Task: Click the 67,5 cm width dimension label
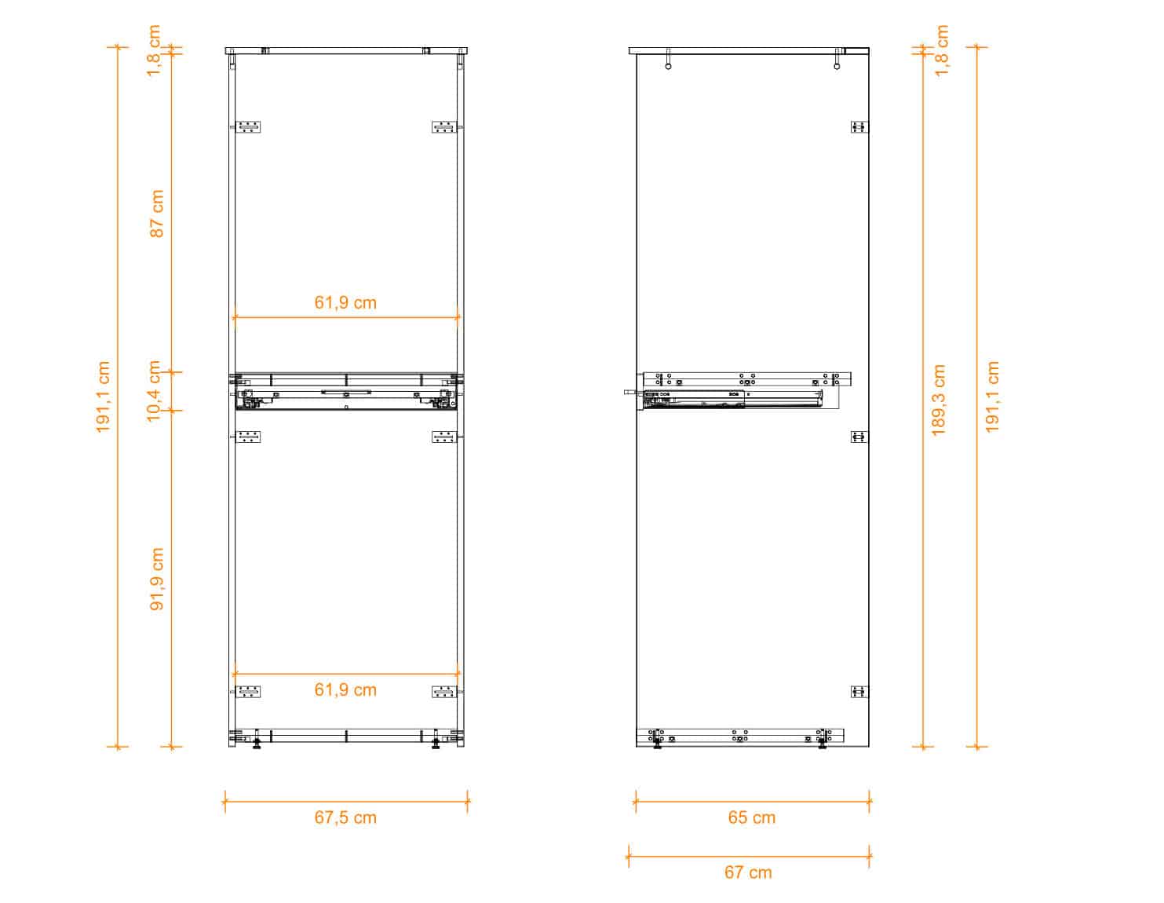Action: tap(345, 817)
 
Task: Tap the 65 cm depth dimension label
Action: tap(751, 817)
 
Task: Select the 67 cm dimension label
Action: tap(748, 872)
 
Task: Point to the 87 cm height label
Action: tap(156, 214)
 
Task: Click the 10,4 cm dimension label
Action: tap(154, 391)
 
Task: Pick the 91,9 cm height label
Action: tap(156, 579)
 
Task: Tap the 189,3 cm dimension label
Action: tap(939, 400)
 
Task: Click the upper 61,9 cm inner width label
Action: tap(345, 303)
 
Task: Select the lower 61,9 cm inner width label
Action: tap(345, 689)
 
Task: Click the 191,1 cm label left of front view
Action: tap(103, 397)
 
